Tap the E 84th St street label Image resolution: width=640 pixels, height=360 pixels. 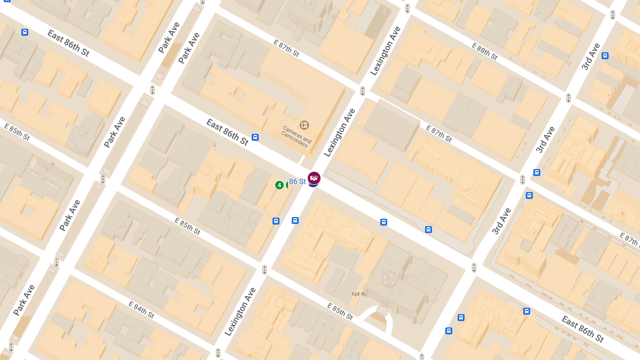click(141, 309)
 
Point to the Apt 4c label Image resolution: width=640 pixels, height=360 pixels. click(359, 294)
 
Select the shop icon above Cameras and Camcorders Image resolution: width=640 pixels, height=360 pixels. click(304, 125)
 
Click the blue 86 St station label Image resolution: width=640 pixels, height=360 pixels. click(297, 182)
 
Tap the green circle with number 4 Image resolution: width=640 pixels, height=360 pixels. click(279, 185)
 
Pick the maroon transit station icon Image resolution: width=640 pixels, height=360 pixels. click(314, 178)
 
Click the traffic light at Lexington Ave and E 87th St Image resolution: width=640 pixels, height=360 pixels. click(362, 91)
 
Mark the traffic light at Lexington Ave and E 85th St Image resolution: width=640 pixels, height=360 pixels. click(264, 270)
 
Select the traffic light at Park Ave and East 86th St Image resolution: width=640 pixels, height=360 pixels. click(152, 90)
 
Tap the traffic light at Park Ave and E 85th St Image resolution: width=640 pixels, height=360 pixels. click(103, 179)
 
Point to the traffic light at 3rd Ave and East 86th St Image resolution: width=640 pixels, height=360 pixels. click(474, 267)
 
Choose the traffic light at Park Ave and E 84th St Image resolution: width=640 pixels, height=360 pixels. click(56, 262)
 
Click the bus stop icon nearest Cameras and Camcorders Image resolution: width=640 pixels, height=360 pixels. click(255, 137)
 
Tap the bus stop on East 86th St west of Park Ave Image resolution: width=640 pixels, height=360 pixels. click(25, 32)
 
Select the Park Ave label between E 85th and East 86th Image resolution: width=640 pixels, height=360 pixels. click(115, 132)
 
